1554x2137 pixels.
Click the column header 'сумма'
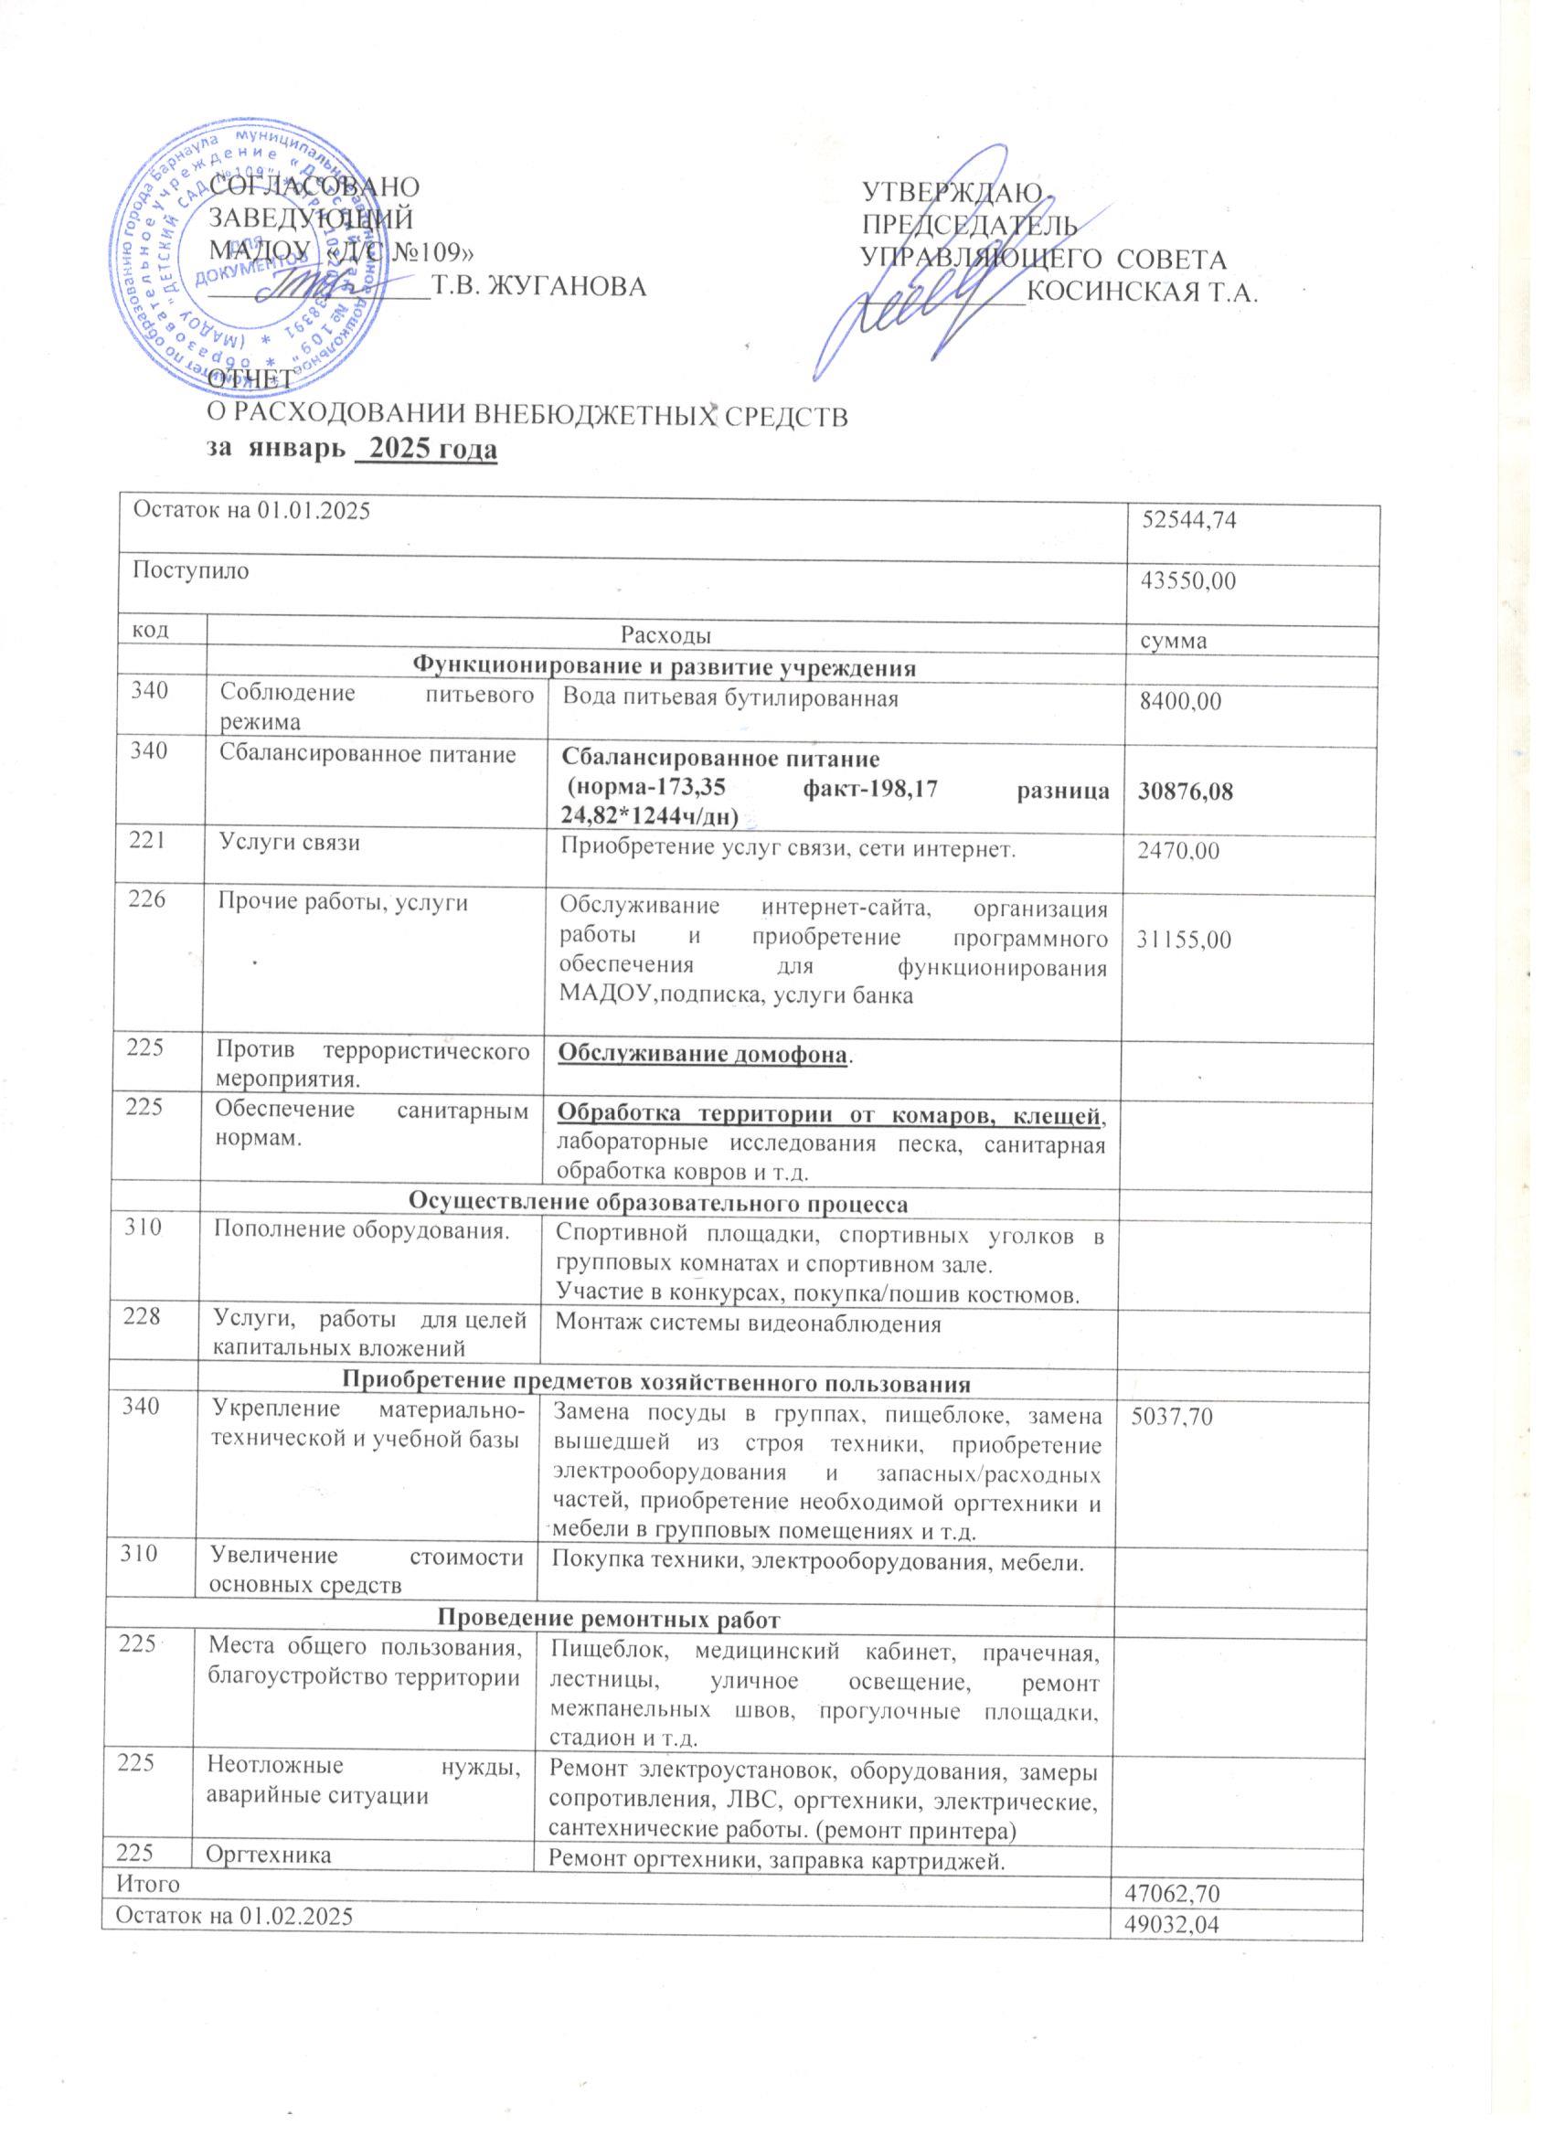pyautogui.click(x=1176, y=642)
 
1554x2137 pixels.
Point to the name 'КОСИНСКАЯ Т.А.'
pyautogui.click(x=1141, y=292)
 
